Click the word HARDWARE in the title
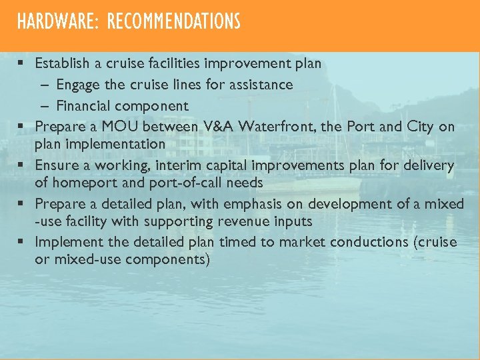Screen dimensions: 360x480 pos(56,22)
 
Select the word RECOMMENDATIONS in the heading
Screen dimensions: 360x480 pos(173,22)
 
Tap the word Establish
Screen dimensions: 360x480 pos(62,64)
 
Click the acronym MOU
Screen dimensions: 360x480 pos(120,126)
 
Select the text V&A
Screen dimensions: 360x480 pos(215,126)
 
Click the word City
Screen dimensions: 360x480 pos(420,126)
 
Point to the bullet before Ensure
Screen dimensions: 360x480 pos(22,165)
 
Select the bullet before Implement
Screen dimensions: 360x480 pos(22,242)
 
